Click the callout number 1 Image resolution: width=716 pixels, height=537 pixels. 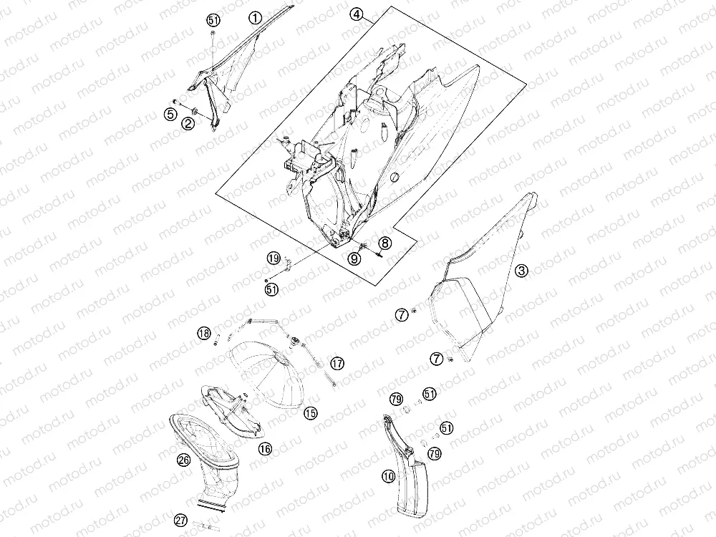[x=256, y=18]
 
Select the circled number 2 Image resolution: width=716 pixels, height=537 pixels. [x=188, y=123]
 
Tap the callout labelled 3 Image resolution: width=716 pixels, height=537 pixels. [x=521, y=271]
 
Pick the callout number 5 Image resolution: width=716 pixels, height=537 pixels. [x=171, y=114]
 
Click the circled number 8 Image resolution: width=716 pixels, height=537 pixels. [x=384, y=243]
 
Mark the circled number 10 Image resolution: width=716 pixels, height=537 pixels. [x=388, y=477]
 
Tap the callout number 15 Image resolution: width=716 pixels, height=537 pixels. [x=310, y=413]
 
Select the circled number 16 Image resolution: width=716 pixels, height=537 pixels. [x=265, y=449]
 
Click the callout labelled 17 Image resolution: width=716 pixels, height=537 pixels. [x=337, y=364]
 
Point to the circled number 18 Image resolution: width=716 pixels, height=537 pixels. [x=204, y=333]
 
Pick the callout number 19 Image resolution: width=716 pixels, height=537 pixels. [x=274, y=259]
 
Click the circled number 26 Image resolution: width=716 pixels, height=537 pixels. [x=184, y=460]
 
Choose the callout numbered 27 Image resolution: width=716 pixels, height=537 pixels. [x=181, y=520]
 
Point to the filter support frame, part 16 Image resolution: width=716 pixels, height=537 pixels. [x=231, y=411]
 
